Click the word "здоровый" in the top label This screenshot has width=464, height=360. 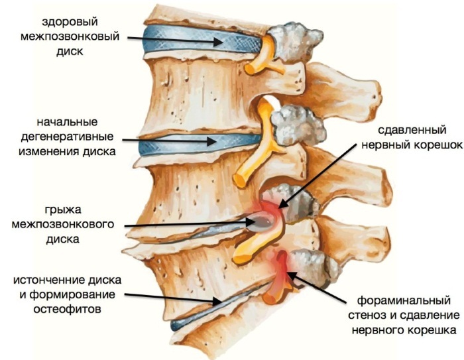point(70,23)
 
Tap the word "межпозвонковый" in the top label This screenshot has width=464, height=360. point(70,36)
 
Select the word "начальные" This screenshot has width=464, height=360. point(67,122)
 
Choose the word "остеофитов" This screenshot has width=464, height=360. point(67,309)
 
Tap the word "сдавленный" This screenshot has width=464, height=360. point(412,130)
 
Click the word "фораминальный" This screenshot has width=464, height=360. point(404,300)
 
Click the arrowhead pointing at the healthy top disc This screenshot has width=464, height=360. point(218,42)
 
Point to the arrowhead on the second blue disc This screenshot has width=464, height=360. point(211,141)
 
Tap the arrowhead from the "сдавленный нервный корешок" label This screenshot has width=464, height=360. point(283,204)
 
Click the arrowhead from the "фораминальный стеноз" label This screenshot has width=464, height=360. point(291,275)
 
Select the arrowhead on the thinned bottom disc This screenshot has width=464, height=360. point(217,301)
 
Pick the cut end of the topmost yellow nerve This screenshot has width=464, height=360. point(249,69)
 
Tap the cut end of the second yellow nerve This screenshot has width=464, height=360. point(240,180)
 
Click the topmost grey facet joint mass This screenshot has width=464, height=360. point(296,42)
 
